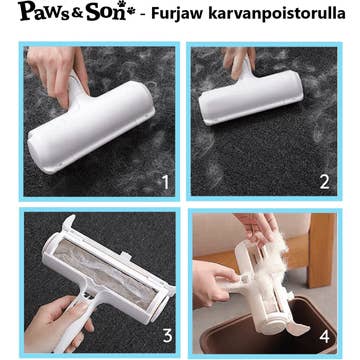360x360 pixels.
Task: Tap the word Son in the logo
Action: point(103,12)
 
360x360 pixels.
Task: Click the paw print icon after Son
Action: point(129,7)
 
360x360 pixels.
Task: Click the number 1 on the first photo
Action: point(166,182)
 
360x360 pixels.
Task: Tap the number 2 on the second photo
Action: point(324,182)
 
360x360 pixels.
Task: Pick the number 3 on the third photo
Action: point(168,336)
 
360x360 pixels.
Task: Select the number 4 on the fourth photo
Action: point(324,337)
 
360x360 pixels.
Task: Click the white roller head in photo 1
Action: point(91,127)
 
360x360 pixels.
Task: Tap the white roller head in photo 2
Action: point(251,97)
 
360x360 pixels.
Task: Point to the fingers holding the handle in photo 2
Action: point(238,60)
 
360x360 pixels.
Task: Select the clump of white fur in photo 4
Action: point(272,262)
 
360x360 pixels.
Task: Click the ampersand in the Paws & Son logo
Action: point(75,15)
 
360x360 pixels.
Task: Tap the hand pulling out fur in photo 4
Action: point(258,227)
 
